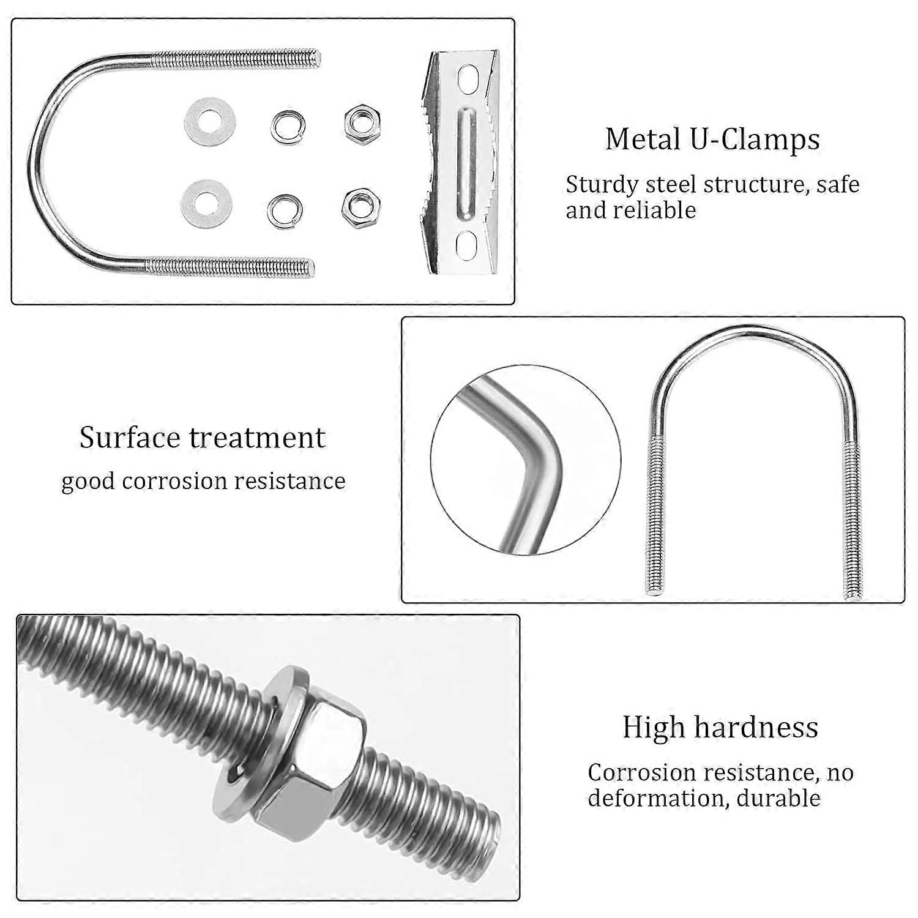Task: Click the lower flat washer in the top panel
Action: (x=207, y=204)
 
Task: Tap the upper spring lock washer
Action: (x=286, y=125)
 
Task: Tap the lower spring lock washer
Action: (x=286, y=211)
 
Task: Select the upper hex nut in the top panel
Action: (x=362, y=123)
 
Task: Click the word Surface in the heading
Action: (x=130, y=438)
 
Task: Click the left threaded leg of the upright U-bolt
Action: (x=654, y=515)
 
